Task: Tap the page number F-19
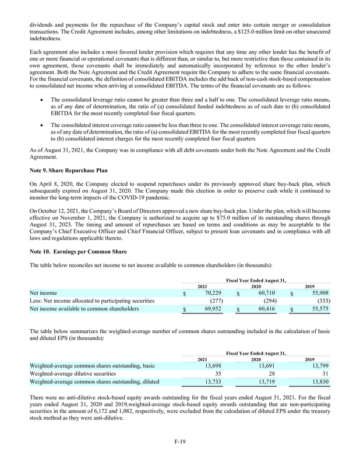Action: (x=180, y=444)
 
